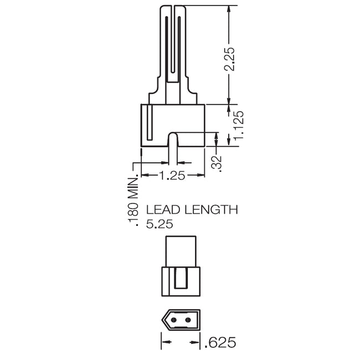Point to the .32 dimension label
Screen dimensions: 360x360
217,163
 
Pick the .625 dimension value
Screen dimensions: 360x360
221,342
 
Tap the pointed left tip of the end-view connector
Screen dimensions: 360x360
163,320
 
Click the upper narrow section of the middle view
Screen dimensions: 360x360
181,250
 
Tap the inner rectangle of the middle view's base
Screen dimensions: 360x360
181,277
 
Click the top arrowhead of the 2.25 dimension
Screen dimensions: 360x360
229,10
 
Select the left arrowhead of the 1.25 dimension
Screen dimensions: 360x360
145,175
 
